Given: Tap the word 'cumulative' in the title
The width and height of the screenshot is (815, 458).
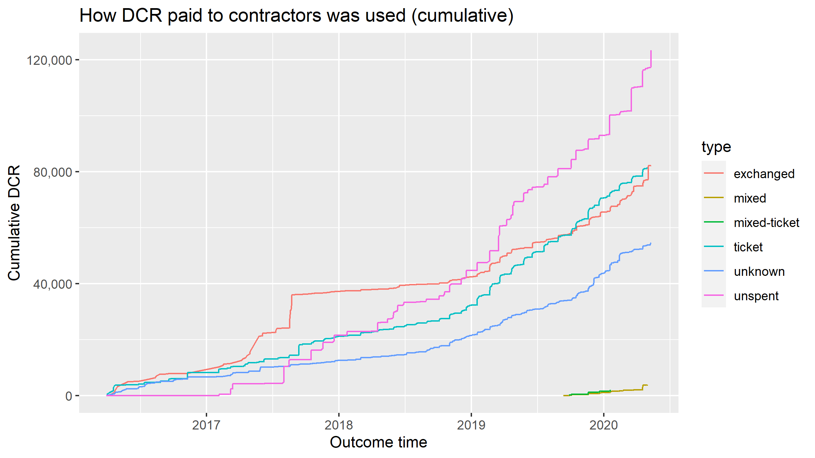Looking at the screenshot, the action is click(x=462, y=16).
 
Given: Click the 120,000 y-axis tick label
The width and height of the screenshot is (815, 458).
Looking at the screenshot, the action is click(x=50, y=60).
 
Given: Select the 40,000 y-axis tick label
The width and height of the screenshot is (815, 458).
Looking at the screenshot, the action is click(x=53, y=284).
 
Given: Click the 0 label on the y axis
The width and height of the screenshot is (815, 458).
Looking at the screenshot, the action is click(x=69, y=396).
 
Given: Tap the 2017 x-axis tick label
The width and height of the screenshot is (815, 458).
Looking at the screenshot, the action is click(x=206, y=425).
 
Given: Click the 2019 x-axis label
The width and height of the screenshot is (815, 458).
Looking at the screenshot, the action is click(x=471, y=425).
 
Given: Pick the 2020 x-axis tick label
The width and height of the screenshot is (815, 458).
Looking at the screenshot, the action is click(x=603, y=425).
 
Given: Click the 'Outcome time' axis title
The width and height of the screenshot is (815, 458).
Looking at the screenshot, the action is click(x=378, y=442).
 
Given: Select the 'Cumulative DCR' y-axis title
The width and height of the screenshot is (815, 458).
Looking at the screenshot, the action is click(x=14, y=223).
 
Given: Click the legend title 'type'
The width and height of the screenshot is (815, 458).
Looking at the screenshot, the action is click(x=716, y=147).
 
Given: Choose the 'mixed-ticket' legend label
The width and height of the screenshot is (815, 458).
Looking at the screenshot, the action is click(x=766, y=223).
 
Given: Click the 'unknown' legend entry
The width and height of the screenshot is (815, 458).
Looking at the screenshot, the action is click(x=759, y=271).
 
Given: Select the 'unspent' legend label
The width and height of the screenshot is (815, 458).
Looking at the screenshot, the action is click(x=756, y=296).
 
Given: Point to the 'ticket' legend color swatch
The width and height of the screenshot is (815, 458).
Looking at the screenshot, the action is click(x=714, y=246).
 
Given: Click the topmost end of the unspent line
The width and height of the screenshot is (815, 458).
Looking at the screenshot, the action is click(x=651, y=51).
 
